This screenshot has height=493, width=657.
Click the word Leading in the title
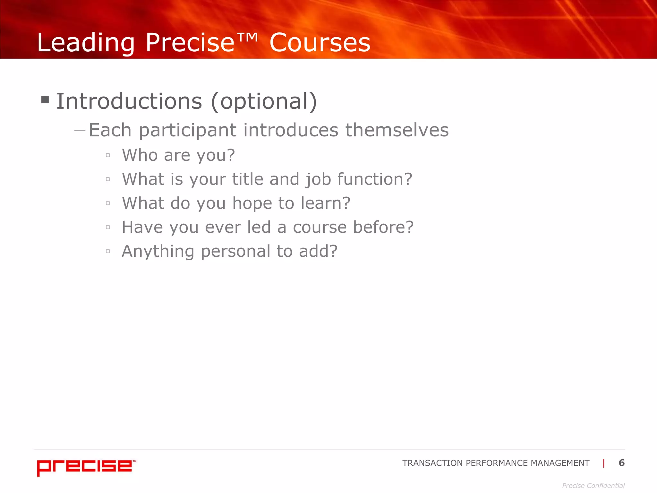click(x=86, y=43)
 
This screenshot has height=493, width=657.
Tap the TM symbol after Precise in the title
click(x=247, y=38)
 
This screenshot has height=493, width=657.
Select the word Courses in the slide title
click(x=320, y=43)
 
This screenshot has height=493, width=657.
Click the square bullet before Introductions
click(x=45, y=100)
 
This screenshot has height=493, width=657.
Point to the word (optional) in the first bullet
click(x=264, y=101)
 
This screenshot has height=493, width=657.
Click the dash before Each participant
click(x=80, y=130)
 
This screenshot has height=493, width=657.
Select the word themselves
click(x=397, y=130)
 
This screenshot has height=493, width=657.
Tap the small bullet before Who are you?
click(x=108, y=155)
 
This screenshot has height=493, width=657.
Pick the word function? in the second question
click(x=374, y=179)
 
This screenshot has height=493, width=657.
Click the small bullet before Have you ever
click(x=108, y=227)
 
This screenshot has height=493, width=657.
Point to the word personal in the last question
click(x=236, y=251)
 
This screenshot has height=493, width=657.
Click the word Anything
click(x=158, y=252)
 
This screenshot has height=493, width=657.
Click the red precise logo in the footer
click(x=85, y=467)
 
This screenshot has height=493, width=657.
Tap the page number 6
click(x=621, y=463)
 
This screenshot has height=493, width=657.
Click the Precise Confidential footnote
click(x=593, y=486)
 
